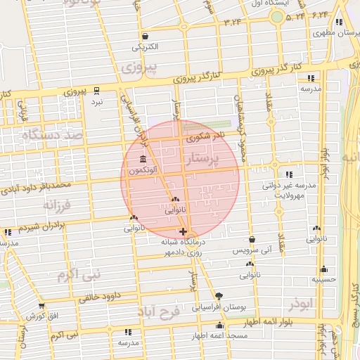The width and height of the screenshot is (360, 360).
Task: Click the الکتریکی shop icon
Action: click(x=144, y=37)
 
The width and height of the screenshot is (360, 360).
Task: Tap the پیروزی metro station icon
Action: click(x=97, y=90)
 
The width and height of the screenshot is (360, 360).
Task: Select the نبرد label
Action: click(x=97, y=102)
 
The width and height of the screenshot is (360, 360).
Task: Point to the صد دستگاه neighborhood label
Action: click(x=53, y=134)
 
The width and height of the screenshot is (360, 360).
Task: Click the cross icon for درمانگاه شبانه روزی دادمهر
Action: click(x=184, y=231)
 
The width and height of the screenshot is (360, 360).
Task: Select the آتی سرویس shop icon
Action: click(x=252, y=239)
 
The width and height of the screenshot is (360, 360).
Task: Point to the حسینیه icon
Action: click(x=323, y=269)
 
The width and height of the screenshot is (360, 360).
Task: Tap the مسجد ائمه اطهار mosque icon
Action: click(x=220, y=326)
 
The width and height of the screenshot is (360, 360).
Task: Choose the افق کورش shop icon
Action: click(x=41, y=306)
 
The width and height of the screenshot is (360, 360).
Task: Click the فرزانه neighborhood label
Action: click(x=58, y=206)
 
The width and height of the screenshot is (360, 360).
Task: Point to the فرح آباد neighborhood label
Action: click(x=161, y=310)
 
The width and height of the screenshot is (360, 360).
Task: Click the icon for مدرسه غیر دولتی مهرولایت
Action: click(x=289, y=174)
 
